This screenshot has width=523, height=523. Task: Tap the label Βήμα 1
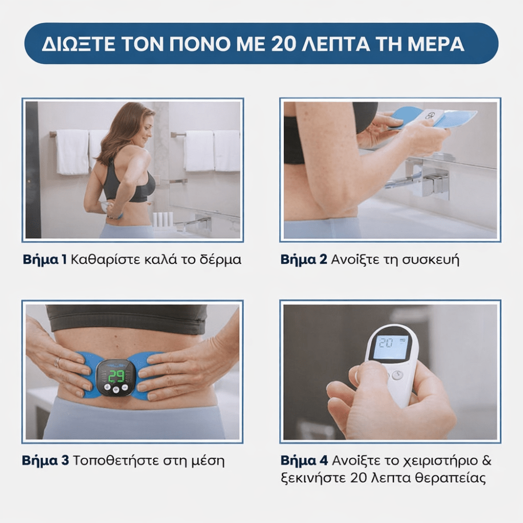(44, 259)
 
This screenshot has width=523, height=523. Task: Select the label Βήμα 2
(303, 259)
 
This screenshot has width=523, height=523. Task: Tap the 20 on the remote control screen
(386, 343)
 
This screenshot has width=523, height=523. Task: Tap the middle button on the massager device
(116, 390)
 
